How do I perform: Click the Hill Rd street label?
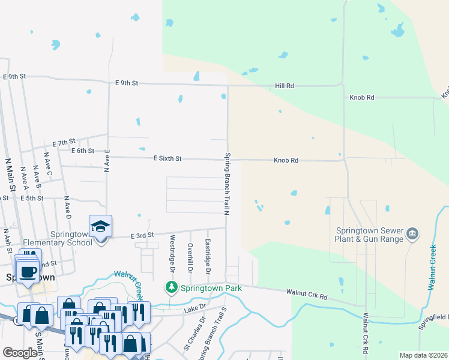[x=285, y=86]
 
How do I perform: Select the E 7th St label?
[x=62, y=143]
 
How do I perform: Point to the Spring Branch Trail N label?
[x=228, y=184]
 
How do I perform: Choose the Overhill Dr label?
[x=190, y=254]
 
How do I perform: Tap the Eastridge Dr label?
[x=208, y=253]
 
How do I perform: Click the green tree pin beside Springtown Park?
[x=171, y=288]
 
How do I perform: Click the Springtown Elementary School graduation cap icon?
[x=100, y=227]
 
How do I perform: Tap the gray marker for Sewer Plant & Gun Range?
[x=412, y=233]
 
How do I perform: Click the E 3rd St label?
[x=143, y=235]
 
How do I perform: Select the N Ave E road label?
[x=107, y=161]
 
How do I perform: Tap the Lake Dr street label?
[x=195, y=307]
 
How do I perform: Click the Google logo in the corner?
[x=20, y=353]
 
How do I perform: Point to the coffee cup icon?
[x=27, y=271]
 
